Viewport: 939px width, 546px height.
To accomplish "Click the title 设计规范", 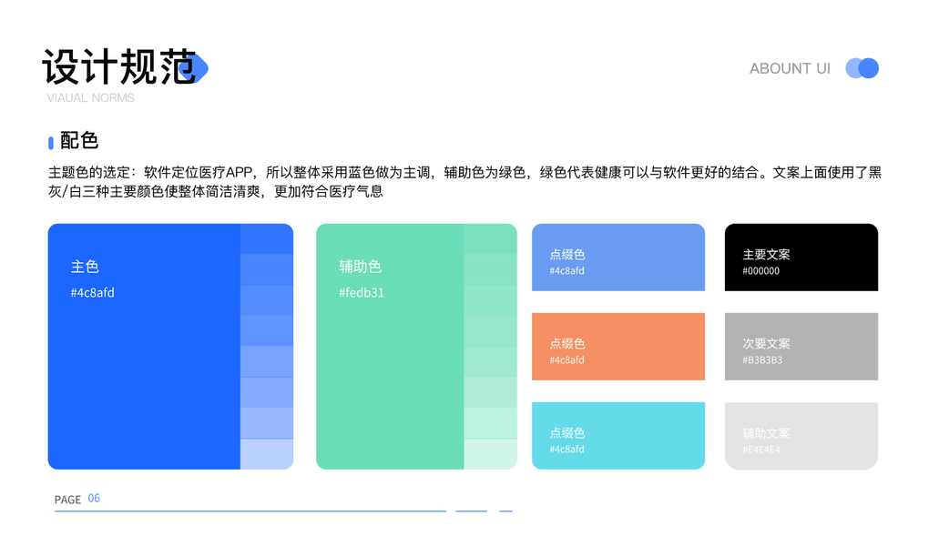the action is point(119,66).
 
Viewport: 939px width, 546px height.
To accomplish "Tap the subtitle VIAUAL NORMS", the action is point(90,97).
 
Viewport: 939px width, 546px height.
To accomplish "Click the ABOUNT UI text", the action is point(790,68).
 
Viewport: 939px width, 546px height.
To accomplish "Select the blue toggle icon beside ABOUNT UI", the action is point(862,68).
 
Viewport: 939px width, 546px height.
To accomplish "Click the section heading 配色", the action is point(79,140).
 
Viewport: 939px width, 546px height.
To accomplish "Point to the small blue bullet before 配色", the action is point(51,143).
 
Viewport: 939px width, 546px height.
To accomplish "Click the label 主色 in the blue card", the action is point(85,267).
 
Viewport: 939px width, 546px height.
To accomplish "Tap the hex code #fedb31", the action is point(362,293).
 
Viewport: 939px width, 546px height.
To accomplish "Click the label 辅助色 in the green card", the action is point(360,267).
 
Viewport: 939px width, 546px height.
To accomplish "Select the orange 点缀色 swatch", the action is point(617,346).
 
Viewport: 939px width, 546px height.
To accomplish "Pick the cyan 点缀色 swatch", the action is point(617,435).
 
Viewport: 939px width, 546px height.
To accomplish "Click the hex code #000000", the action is point(761,271).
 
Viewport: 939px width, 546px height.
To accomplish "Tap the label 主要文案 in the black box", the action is point(766,255).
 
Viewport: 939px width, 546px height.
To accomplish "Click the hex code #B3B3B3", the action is point(762,360).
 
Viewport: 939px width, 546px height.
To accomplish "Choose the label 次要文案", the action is point(766,344).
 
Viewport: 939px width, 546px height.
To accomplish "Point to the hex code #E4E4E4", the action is point(761,450).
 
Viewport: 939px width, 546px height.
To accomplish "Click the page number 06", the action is point(94,499).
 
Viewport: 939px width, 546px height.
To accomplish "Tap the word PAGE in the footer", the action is point(67,500).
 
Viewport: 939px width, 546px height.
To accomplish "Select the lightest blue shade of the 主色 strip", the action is point(267,454).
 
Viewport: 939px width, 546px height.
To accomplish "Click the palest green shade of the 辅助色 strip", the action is point(490,454).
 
